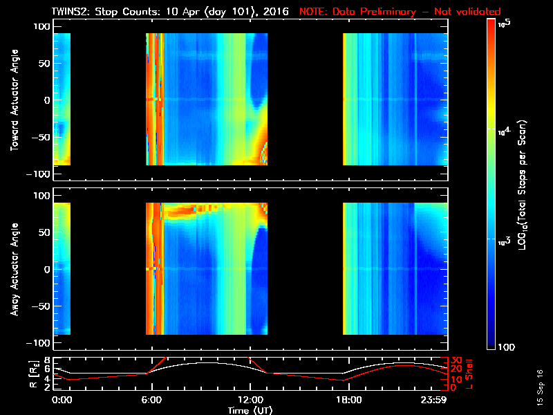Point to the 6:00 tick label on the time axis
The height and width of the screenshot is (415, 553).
[151, 399]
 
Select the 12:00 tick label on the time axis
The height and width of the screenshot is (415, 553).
[247, 399]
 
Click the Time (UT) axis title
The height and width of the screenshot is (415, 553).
[251, 409]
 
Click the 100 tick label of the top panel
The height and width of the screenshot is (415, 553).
[44, 26]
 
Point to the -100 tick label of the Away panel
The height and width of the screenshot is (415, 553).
[41, 344]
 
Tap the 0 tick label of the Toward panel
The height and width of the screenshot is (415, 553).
[48, 100]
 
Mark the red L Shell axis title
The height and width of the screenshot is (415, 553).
[475, 373]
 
